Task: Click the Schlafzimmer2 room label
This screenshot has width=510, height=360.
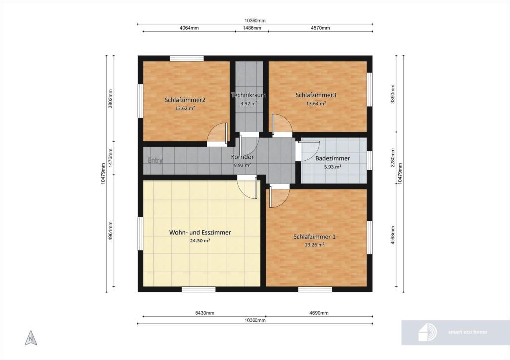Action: [x=185, y=100]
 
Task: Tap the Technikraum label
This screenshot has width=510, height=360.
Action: [x=249, y=95]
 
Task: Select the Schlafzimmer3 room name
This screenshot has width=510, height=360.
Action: [x=316, y=95]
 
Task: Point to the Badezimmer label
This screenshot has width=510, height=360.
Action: [x=332, y=158]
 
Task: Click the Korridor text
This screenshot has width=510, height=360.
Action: [x=242, y=157]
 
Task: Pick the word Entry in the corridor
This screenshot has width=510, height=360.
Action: [x=155, y=160]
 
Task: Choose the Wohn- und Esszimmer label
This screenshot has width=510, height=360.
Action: [x=200, y=232]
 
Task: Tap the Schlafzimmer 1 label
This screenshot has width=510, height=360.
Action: [x=314, y=237]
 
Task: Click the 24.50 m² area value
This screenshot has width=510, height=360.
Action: [x=200, y=241]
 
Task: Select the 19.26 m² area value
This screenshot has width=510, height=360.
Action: [x=315, y=245]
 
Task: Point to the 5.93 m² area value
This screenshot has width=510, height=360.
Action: [x=332, y=167]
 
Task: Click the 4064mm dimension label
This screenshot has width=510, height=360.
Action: [x=189, y=28]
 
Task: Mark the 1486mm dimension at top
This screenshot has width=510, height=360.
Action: [x=252, y=28]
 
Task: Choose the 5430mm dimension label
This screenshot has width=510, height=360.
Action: [x=205, y=313]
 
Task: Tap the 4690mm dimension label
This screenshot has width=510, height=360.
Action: [x=319, y=313]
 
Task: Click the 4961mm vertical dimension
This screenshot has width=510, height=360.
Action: [x=110, y=231]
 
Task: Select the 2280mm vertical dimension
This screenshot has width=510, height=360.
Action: [x=393, y=158]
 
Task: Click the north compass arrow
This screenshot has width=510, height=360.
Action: [x=31, y=338]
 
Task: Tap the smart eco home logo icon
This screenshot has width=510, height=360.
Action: [x=427, y=332]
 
